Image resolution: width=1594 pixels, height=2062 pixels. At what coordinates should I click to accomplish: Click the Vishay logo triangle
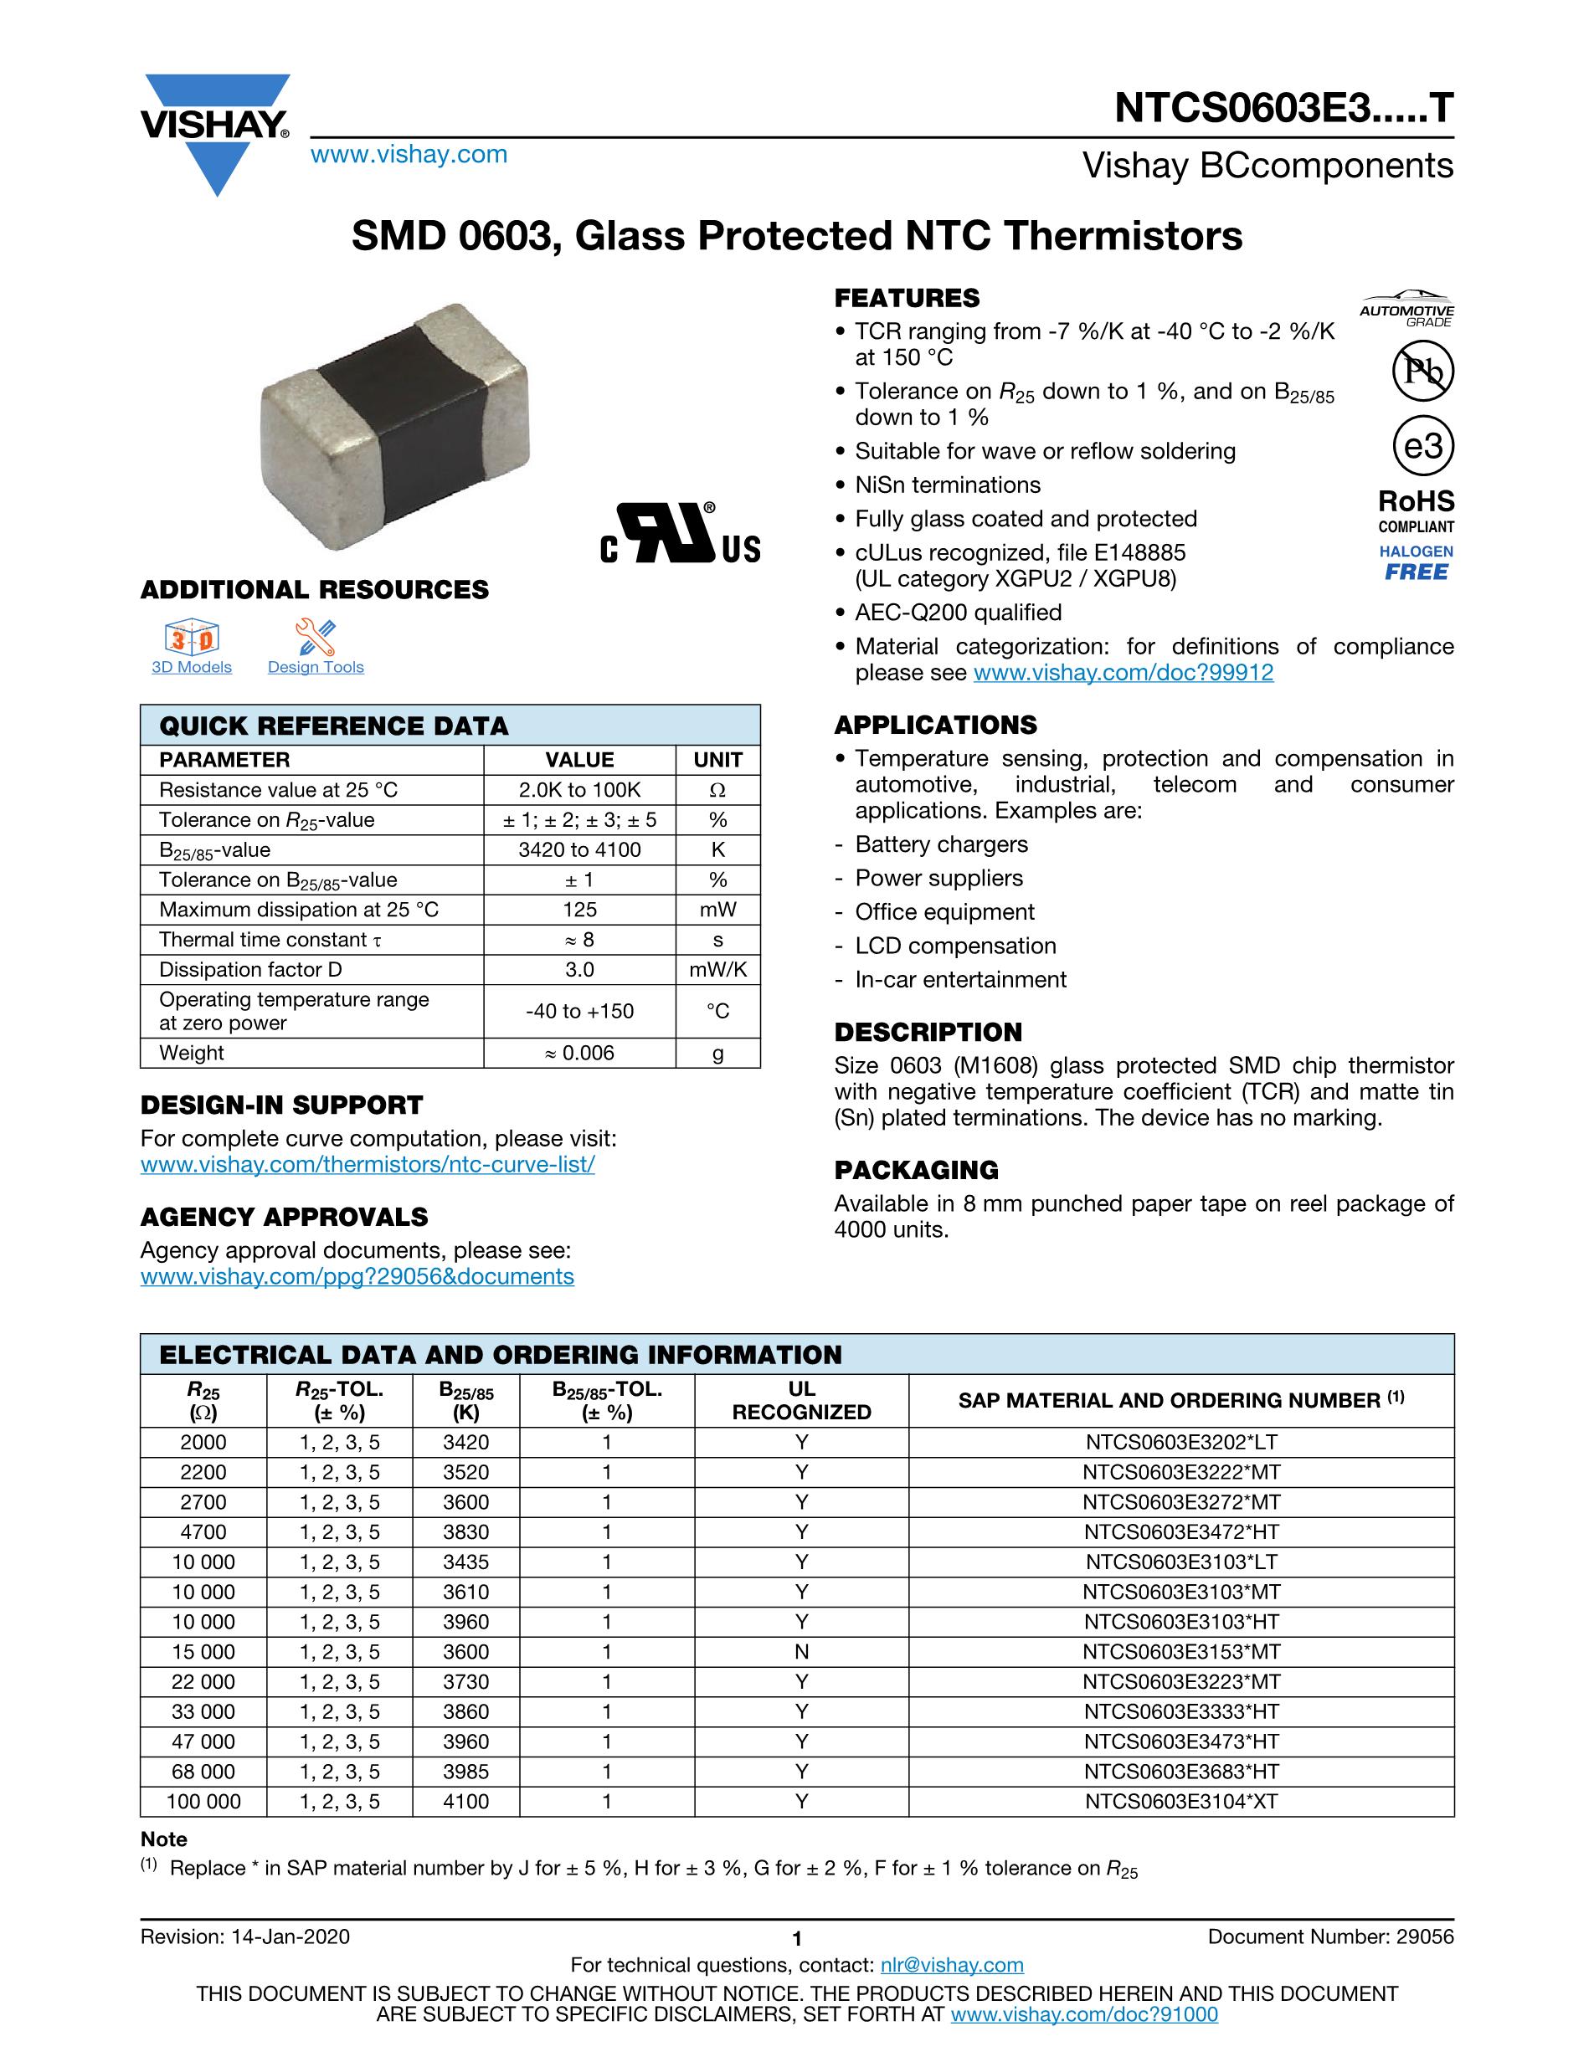pyautogui.click(x=216, y=161)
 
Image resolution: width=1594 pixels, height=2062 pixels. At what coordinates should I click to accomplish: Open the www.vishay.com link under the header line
pyautogui.click(x=409, y=155)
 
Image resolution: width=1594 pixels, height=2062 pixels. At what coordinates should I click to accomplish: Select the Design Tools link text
pyautogui.click(x=316, y=668)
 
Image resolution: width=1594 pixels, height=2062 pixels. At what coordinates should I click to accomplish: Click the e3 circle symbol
pyautogui.click(x=1423, y=446)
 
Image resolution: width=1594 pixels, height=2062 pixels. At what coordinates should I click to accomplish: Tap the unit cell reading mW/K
pyautogui.click(x=717, y=970)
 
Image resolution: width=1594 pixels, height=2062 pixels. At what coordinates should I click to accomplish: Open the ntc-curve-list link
pyautogui.click(x=368, y=1164)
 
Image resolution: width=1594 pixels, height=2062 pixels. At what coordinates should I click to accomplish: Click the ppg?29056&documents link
pyautogui.click(x=357, y=1276)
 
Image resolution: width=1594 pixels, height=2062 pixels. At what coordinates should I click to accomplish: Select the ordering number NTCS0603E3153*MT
pyautogui.click(x=1180, y=1651)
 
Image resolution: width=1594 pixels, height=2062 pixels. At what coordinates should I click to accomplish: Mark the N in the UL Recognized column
pyautogui.click(x=801, y=1651)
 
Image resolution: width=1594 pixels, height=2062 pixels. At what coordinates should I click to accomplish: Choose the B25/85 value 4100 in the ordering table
pyautogui.click(x=465, y=1802)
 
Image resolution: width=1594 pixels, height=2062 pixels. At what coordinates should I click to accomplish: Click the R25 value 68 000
pyautogui.click(x=203, y=1772)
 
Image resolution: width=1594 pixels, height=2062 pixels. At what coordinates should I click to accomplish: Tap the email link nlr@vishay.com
pyautogui.click(x=951, y=1965)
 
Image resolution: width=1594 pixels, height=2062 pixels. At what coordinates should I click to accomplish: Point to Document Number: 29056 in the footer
pyautogui.click(x=1330, y=1936)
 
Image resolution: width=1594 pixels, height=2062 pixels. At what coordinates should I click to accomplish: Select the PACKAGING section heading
pyautogui.click(x=916, y=1170)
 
